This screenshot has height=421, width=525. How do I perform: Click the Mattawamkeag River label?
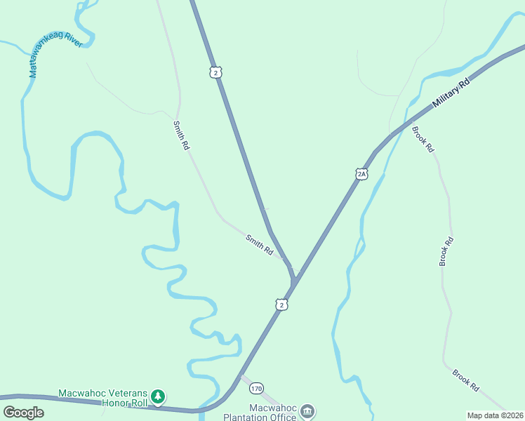(x=55, y=53)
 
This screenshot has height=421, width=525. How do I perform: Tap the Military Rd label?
(x=450, y=92)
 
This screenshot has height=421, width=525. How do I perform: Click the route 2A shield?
(x=361, y=173)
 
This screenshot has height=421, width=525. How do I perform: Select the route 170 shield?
(x=257, y=387)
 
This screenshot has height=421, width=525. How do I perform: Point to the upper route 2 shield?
(x=216, y=72)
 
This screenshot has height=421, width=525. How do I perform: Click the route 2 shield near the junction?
(x=281, y=304)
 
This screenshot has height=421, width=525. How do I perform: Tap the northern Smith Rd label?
(x=182, y=135)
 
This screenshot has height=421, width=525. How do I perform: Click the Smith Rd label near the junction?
(x=259, y=244)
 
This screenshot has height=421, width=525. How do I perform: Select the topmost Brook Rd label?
(x=424, y=140)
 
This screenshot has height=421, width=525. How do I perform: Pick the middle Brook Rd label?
(x=446, y=251)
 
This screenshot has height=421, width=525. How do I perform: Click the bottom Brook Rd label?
(x=465, y=380)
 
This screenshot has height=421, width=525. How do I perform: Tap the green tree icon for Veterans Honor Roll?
(x=159, y=397)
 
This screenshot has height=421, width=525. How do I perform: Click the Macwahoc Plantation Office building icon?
(x=307, y=410)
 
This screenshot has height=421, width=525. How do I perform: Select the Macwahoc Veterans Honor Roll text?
(x=103, y=398)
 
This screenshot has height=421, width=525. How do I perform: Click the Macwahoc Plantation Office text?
(x=260, y=413)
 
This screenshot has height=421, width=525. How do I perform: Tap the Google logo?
(x=23, y=413)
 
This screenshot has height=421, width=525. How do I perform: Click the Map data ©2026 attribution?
(x=495, y=415)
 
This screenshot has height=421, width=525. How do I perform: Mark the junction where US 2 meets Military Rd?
(x=293, y=281)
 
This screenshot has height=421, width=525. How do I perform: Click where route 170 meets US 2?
(x=239, y=376)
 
